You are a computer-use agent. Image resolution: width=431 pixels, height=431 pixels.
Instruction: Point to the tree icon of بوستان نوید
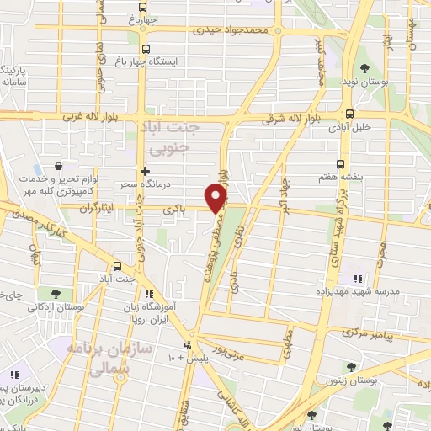[364, 69]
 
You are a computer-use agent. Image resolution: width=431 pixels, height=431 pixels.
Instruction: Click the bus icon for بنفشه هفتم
[341, 164]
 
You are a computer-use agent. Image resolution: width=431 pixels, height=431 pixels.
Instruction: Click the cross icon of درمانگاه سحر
[146, 170]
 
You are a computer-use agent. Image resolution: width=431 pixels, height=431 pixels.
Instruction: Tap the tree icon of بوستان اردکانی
[56, 294]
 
